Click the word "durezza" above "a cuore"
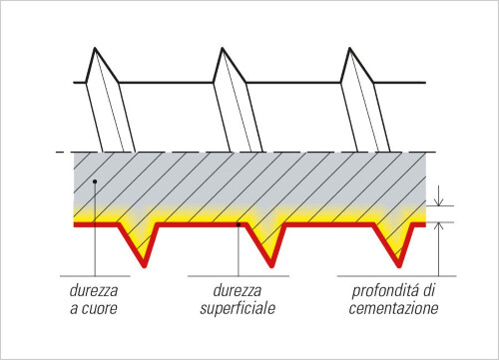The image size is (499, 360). click(94, 290)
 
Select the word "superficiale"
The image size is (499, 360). click(238, 309)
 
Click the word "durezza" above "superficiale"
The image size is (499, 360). click(237, 290)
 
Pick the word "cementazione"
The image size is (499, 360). click(393, 308)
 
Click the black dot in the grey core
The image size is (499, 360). click(95, 181)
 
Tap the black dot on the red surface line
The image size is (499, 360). click(239, 224)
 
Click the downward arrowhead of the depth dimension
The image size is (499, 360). click(439, 201)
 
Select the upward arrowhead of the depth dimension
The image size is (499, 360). click(439, 226)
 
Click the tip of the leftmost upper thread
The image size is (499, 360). click(95, 48)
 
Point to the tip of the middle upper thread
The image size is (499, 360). click(222, 48)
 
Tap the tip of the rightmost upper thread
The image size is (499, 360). click(349, 48)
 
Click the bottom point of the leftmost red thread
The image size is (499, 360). click(145, 266)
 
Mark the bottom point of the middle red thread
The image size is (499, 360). click(271, 266)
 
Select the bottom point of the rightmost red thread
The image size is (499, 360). click(399, 266)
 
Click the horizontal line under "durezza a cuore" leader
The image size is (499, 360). click(95, 276)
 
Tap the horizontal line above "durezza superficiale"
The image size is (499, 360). click(239, 276)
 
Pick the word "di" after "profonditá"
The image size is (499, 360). click(429, 290)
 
